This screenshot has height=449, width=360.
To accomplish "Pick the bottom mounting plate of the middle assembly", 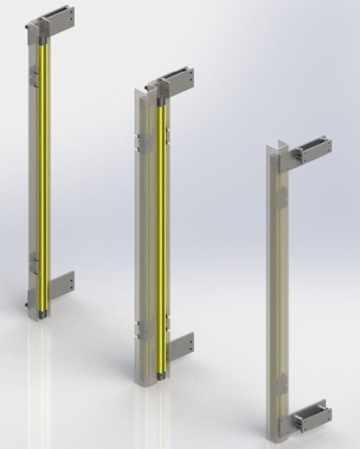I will pos(181,346).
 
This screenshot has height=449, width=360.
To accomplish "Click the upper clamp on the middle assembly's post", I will pos(144,143).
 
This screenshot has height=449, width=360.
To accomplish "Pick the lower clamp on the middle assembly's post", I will pos(144,330).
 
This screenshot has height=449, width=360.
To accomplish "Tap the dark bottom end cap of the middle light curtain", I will pos(160,375).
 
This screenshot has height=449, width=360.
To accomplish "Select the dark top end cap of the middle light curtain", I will pos(160,102).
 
